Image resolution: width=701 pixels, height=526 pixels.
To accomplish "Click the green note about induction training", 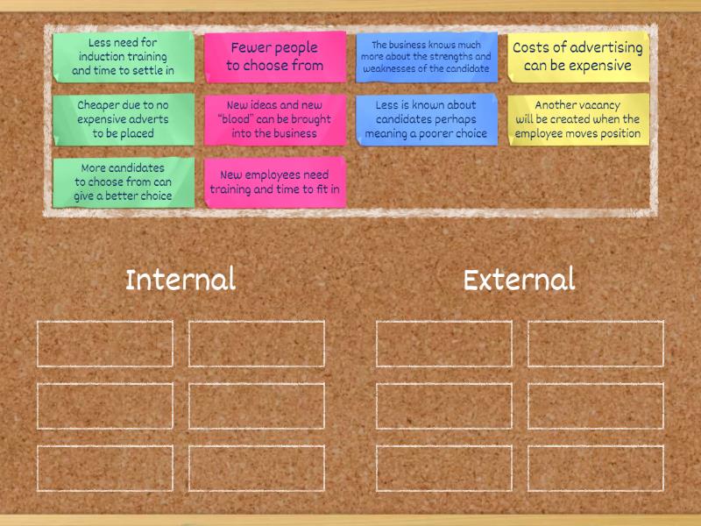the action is pos(124,57).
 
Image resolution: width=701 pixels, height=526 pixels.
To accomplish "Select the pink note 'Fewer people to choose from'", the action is pos(275,57).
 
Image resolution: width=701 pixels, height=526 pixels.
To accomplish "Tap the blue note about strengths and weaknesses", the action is pos(427,57).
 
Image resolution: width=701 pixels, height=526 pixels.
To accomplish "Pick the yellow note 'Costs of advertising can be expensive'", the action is pos(578,57).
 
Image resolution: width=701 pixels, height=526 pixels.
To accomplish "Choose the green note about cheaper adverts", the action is pos(124,119).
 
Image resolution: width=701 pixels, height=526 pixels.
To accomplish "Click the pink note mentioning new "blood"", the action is pos(275,119).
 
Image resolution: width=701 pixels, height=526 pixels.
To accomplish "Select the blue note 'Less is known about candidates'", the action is pos(427,119).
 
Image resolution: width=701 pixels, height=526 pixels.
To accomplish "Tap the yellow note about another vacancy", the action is pos(578,119).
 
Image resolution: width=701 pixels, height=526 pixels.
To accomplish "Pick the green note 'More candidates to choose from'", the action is pos(124,182).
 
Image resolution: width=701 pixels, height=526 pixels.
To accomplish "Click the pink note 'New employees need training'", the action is pos(275,182).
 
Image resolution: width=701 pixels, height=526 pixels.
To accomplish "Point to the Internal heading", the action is pos(181,279).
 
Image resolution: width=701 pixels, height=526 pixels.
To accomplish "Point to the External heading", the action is pos(519,279).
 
